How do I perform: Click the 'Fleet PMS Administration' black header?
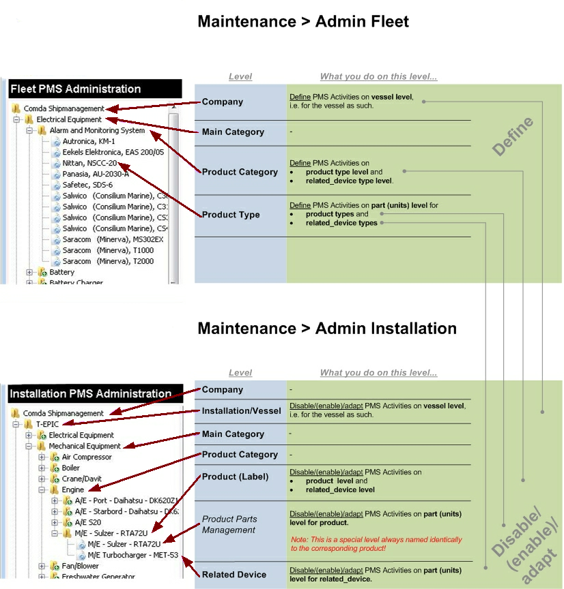coord(95,89)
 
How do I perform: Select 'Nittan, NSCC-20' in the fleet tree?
coord(89,163)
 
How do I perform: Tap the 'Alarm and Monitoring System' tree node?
coord(97,130)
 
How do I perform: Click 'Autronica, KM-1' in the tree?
coord(88,141)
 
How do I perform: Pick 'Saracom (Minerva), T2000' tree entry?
coord(108,261)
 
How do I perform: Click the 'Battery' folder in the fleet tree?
coord(61,272)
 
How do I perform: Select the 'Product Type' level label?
coord(231,215)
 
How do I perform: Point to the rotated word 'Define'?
coord(513,136)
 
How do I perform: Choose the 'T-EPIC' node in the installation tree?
coord(47,424)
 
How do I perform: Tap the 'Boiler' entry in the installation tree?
coord(71,468)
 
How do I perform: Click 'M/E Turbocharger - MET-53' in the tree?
coord(133,555)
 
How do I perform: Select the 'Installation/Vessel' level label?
coord(241,411)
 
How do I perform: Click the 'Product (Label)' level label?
coord(235,477)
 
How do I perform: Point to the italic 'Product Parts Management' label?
coord(229,524)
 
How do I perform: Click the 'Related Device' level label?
coord(234,575)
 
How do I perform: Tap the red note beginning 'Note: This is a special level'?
coord(376,544)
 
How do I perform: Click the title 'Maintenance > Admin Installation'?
coord(327,329)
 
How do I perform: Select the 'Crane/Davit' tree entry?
coord(82,479)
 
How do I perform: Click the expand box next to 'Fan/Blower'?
coord(42,566)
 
